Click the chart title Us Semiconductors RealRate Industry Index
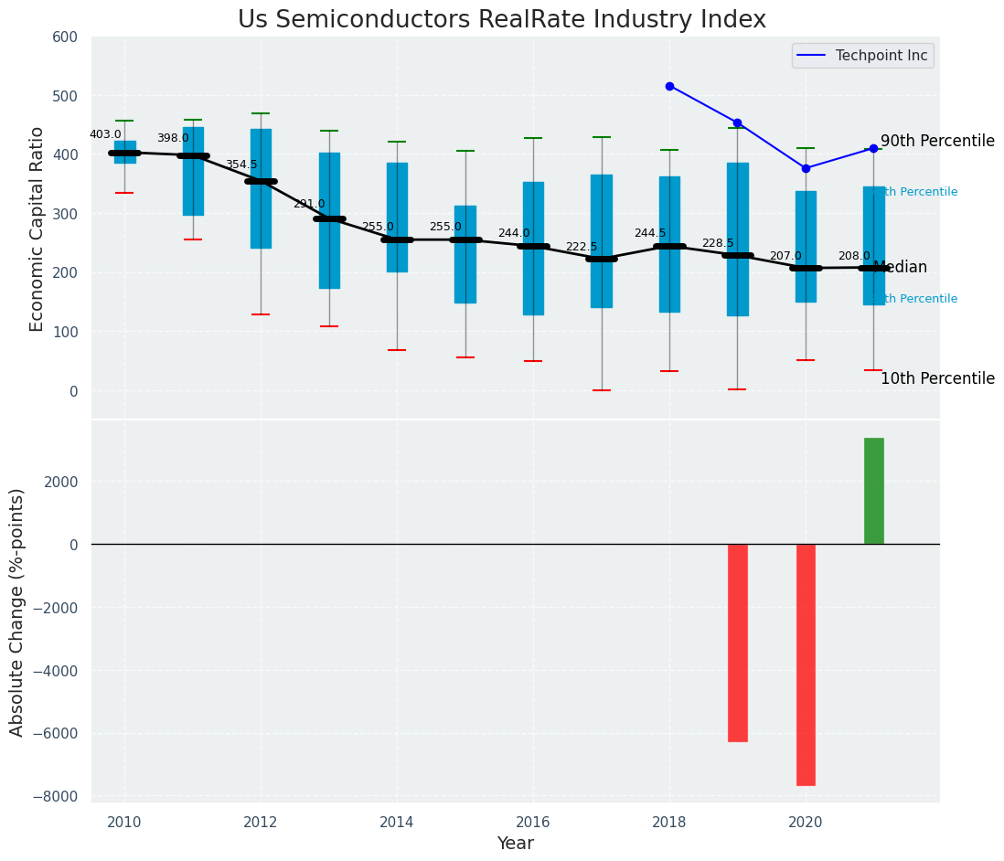click(x=502, y=20)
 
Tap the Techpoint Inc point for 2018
click(x=669, y=86)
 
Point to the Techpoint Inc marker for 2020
click(x=806, y=168)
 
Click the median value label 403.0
click(x=105, y=134)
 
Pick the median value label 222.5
click(x=582, y=247)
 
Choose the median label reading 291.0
click(x=309, y=204)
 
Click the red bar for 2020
click(x=806, y=664)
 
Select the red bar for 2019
click(x=738, y=643)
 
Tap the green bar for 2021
click(x=873, y=491)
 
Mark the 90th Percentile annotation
click(x=937, y=142)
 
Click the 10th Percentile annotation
click(x=937, y=379)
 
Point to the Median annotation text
click(x=901, y=268)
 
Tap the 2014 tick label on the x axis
click(x=397, y=823)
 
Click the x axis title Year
click(x=516, y=844)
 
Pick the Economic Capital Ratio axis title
click(x=37, y=229)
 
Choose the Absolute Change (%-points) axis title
click(x=17, y=611)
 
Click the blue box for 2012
click(x=261, y=188)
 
